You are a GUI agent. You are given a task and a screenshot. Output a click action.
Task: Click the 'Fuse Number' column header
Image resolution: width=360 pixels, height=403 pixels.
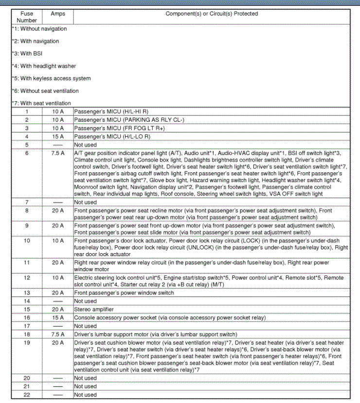pos(27,17)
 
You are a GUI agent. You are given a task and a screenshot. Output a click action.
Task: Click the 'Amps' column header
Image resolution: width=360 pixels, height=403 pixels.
pos(57,14)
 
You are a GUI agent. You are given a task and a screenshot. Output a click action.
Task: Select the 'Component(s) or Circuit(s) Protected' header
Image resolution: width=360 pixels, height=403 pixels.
pos(212,14)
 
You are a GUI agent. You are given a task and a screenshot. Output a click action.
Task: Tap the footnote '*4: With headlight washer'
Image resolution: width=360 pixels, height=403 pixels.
pos(44,66)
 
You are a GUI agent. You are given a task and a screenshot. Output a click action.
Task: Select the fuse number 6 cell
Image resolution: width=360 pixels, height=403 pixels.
pos(27,153)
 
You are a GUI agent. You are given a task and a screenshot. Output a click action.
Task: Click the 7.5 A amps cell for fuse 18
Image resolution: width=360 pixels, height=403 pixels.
pos(58,334)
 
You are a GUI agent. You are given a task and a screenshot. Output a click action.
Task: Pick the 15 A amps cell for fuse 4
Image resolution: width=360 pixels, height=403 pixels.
pos(58,136)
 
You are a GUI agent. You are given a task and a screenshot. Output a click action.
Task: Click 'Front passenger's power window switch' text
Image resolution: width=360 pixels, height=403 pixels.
pos(124,293)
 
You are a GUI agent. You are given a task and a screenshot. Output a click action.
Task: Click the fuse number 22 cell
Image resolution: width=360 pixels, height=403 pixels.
pos(27,395)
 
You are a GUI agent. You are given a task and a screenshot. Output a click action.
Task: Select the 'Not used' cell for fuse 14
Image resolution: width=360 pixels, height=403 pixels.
pos(86,301)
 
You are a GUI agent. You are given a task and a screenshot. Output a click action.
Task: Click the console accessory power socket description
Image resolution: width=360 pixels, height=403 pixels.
pos(170,318)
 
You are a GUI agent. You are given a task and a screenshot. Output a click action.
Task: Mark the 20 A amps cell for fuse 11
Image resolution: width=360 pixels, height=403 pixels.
pos(58,262)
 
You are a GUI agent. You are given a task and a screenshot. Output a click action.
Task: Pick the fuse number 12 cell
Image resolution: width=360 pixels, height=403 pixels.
pos(27,277)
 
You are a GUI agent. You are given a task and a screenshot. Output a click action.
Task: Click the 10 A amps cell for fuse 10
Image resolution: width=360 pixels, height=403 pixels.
pos(58,241)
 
